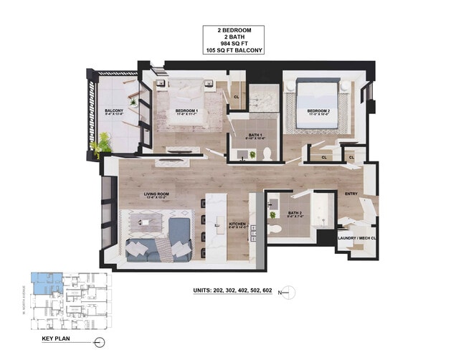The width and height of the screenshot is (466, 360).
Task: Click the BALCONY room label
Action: (x=115, y=110)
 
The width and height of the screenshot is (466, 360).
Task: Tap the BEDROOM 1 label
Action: (x=186, y=111)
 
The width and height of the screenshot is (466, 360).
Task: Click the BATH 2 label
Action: (x=295, y=213)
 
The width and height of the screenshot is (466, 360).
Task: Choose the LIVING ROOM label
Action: (x=156, y=194)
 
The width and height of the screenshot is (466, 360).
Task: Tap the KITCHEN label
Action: (x=237, y=224)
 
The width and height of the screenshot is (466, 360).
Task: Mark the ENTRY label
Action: (x=351, y=194)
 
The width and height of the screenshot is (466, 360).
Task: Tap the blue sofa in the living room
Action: (x=154, y=247)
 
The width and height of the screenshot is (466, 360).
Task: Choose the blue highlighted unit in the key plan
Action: (x=44, y=282)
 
